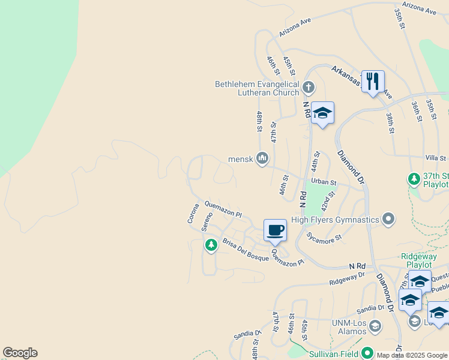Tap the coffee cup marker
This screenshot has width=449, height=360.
275,230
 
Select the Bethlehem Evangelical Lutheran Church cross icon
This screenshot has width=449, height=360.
309,88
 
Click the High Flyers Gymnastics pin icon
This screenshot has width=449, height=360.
388,220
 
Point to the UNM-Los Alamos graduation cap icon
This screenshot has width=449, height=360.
375,326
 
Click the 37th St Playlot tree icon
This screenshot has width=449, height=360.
414,179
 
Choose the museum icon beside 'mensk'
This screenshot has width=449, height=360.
262,158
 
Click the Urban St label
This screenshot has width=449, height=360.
325,181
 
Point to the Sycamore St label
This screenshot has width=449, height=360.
324,237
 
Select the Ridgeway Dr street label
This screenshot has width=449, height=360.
347,278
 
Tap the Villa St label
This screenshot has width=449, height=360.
435,157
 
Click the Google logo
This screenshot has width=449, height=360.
20,353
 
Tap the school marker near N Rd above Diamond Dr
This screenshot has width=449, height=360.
322,113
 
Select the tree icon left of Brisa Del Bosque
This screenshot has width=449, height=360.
211,245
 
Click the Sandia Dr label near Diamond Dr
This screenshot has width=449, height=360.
370,308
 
